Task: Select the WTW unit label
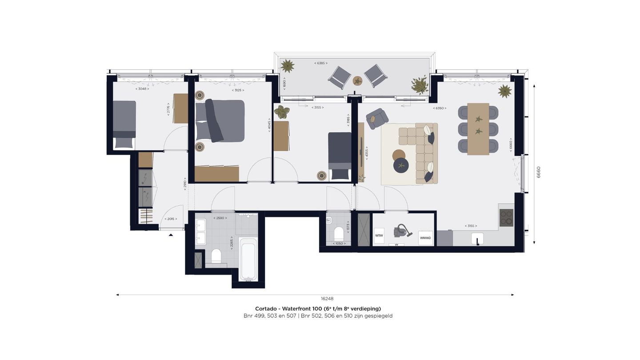point(379,236)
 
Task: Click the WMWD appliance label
point(425,238)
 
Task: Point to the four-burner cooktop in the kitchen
point(506,218)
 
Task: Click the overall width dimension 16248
point(327,299)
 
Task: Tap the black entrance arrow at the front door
point(171,235)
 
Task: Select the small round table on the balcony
point(357,81)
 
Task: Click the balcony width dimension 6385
point(320,63)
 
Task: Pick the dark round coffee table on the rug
point(402,165)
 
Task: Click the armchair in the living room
point(377,118)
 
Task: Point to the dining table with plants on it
point(478,129)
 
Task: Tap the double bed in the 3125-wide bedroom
point(221,121)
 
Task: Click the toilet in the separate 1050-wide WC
point(339,233)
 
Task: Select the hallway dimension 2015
point(171,219)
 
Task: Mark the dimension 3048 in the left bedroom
point(142,89)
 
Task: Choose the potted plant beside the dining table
point(504,91)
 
